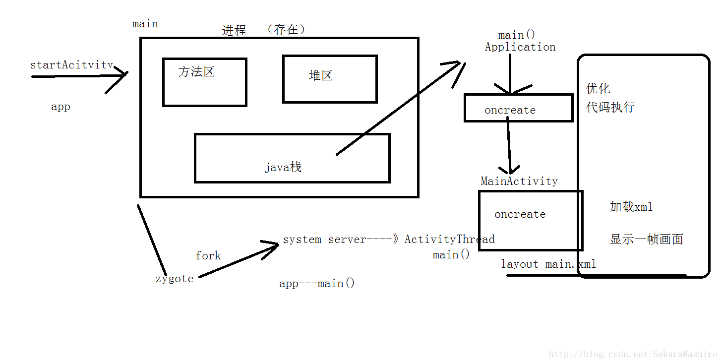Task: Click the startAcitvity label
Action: [x=71, y=65]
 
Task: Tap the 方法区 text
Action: [x=196, y=71]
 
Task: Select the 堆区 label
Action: [x=320, y=75]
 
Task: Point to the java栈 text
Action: [x=283, y=167]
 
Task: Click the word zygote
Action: [x=175, y=279]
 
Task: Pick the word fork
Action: [x=208, y=255]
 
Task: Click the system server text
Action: [x=324, y=240]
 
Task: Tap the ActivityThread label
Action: [x=450, y=239]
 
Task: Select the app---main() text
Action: [x=317, y=283]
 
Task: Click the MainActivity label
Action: [x=519, y=181]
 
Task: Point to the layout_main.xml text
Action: [x=548, y=264]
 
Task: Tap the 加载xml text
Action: [x=631, y=206]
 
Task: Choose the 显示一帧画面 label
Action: [x=647, y=239]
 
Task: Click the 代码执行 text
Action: [x=610, y=107]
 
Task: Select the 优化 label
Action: [x=598, y=88]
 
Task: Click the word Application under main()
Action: [x=520, y=47]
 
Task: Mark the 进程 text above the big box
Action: [x=234, y=30]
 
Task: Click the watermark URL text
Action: [x=633, y=354]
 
